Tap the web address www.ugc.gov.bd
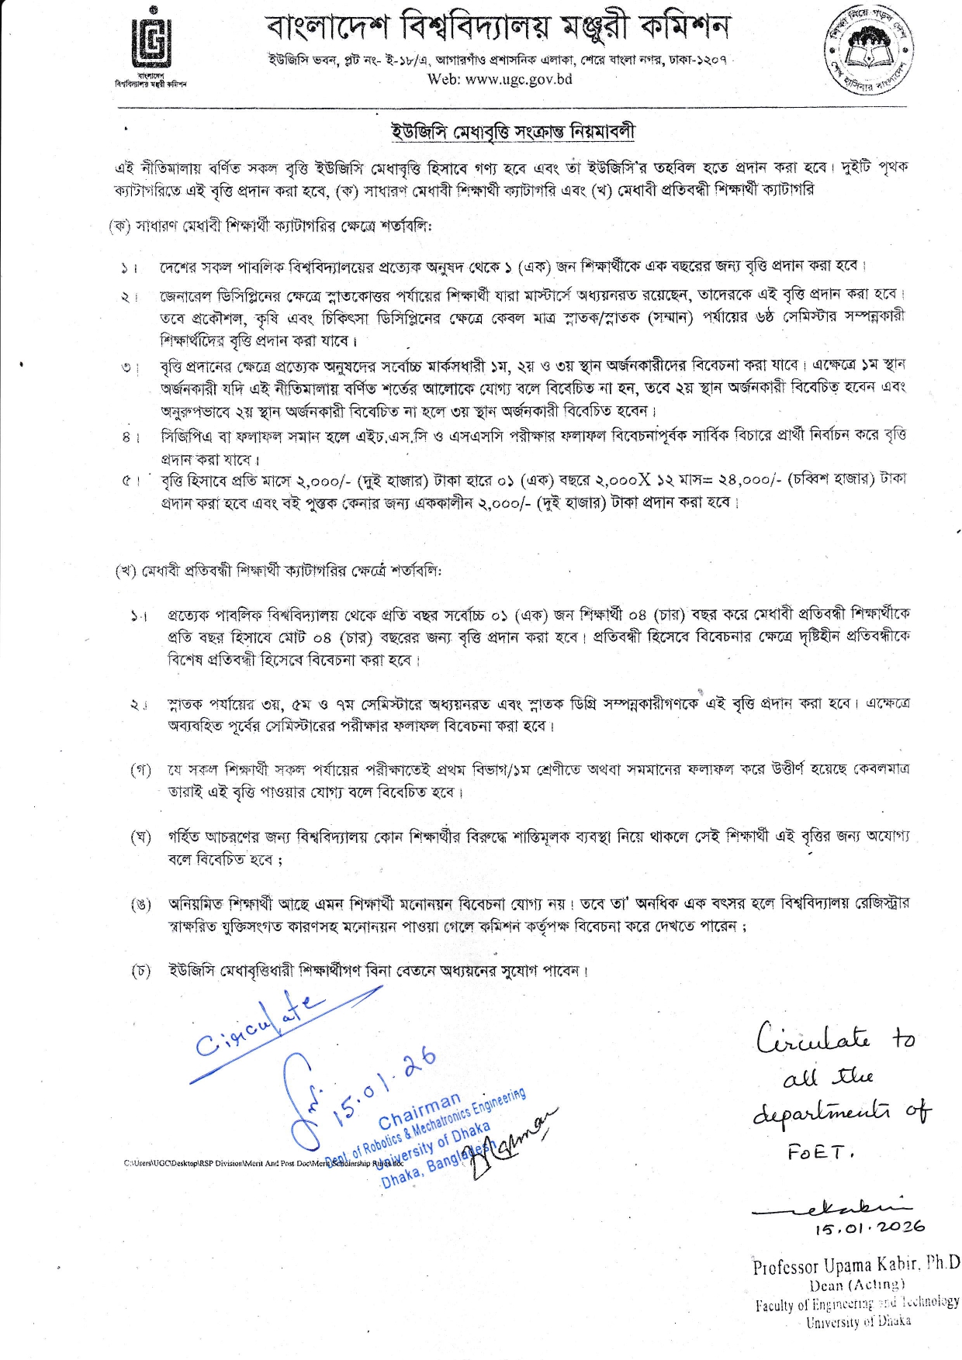[x=499, y=79]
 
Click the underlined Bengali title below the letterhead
[x=513, y=132]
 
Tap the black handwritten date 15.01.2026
[x=869, y=1227]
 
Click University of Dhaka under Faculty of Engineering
[x=858, y=1321]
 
